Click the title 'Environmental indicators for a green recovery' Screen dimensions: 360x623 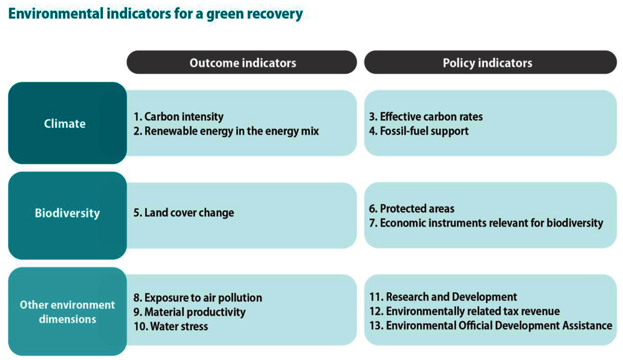(x=155, y=13)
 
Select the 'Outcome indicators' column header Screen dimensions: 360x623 (x=242, y=63)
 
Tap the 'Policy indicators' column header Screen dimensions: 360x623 (x=488, y=63)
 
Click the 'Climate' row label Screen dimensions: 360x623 (x=65, y=123)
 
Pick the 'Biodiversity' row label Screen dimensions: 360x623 (x=67, y=213)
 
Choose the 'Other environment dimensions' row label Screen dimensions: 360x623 (x=67, y=312)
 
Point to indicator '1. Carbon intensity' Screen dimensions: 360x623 (x=178, y=116)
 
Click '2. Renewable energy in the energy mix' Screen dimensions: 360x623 (x=226, y=131)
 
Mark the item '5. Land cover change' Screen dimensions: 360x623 (x=184, y=213)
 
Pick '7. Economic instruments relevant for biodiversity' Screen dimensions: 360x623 (x=487, y=223)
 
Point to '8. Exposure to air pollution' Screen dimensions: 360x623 (x=198, y=298)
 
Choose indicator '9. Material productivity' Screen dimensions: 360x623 (x=190, y=312)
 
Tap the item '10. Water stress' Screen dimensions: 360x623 (x=171, y=326)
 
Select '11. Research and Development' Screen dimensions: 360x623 (x=444, y=297)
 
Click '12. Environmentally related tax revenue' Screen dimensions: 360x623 (x=465, y=311)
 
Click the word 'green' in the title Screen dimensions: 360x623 (x=226, y=13)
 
